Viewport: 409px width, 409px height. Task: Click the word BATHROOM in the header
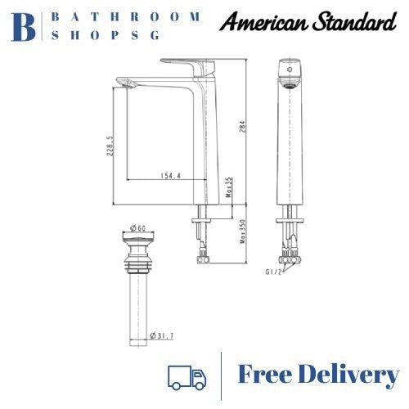(x=127, y=16)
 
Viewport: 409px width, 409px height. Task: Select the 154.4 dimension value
(x=169, y=175)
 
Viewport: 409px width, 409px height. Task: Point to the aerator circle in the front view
(x=285, y=73)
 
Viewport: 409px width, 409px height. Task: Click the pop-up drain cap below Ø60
(x=137, y=242)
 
